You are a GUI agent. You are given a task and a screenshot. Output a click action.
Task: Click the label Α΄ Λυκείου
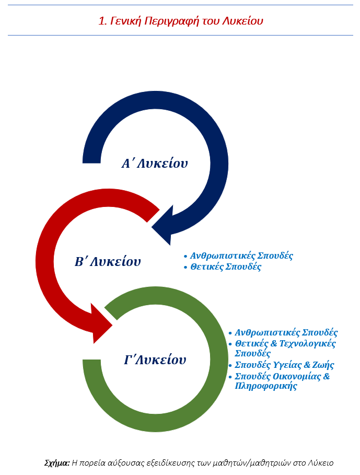tap(155, 164)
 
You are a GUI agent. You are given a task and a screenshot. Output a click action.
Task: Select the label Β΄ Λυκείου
tap(108, 262)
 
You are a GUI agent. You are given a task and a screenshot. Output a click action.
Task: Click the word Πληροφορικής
tap(266, 387)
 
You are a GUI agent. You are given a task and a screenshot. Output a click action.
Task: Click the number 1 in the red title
tap(101, 21)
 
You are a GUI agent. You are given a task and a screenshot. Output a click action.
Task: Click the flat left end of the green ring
tap(92, 366)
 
